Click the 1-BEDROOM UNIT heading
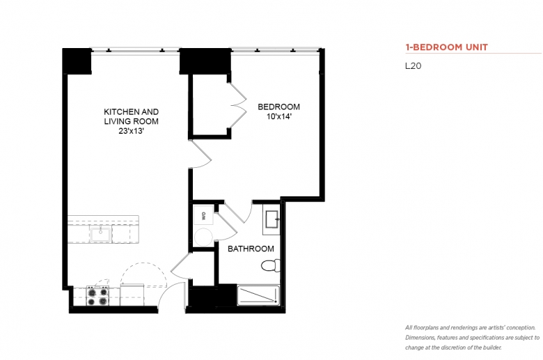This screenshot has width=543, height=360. (x=446, y=47)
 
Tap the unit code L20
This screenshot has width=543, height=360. (x=413, y=66)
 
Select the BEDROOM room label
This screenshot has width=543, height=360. (x=278, y=107)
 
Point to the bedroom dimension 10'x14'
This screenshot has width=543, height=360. (x=278, y=116)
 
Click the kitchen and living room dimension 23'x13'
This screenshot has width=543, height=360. (x=132, y=131)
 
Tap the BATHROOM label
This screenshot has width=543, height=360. (x=251, y=249)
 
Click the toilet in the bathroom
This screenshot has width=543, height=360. (x=271, y=265)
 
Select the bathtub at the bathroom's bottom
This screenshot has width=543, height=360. (x=258, y=295)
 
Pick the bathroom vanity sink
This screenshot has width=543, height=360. (x=271, y=219)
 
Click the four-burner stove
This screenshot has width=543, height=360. (x=97, y=296)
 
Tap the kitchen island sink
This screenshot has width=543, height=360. (x=100, y=234)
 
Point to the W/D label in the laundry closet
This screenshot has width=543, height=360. (x=203, y=216)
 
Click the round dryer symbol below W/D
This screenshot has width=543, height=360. (x=203, y=237)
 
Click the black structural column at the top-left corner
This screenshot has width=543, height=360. (x=77, y=61)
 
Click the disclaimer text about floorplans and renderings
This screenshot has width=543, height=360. (x=473, y=338)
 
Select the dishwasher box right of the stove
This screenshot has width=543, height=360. (x=132, y=295)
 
